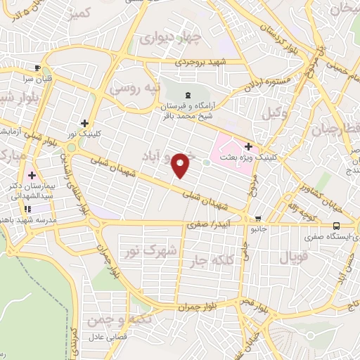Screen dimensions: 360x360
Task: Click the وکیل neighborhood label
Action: (274, 112)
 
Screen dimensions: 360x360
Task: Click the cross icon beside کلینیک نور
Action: (84, 122)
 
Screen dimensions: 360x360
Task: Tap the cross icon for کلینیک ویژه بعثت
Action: (248, 146)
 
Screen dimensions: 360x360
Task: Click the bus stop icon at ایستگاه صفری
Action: (336, 226)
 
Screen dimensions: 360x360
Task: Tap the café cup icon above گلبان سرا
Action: (37, 68)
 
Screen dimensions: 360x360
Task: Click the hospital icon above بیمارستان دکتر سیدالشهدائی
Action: (31, 174)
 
